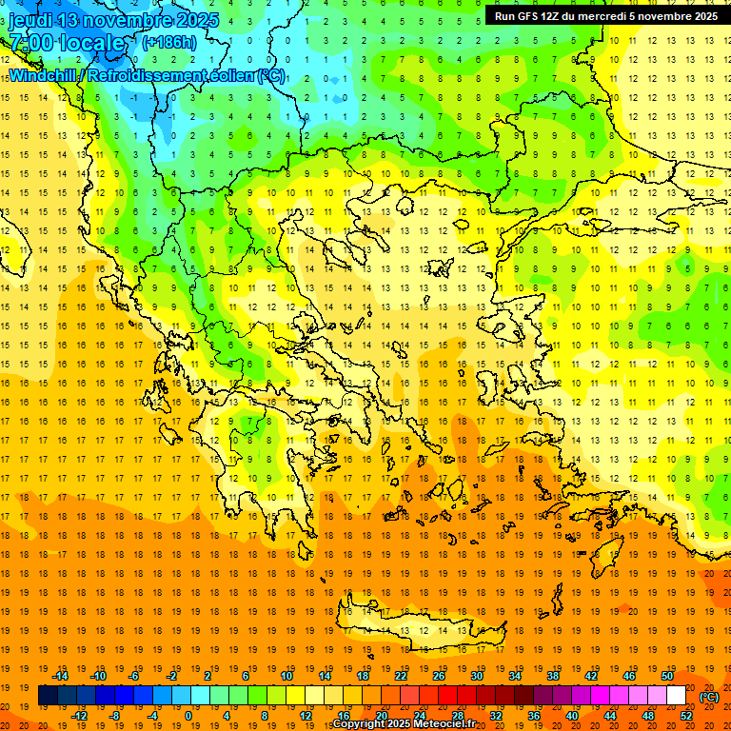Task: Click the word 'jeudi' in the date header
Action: pyautogui.click(x=31, y=20)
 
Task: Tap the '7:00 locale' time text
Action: pyautogui.click(x=67, y=43)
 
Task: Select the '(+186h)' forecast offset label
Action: pyautogui.click(x=170, y=43)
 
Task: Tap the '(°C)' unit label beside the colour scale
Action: pyautogui.click(x=709, y=697)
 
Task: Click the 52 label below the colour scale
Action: pyautogui.click(x=686, y=716)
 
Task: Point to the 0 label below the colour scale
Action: pyautogui.click(x=189, y=716)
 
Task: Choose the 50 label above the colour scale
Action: pyautogui.click(x=666, y=676)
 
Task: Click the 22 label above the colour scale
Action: pyautogui.click(x=401, y=676)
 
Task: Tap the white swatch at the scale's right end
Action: pyautogui.click(x=677, y=696)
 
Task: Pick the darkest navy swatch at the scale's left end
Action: pyautogui.click(x=48, y=696)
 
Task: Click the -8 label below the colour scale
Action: pyautogui.click(x=115, y=716)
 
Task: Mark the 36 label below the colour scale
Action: pyautogui.click(x=533, y=716)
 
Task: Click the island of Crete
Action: pyautogui.click(x=419, y=628)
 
